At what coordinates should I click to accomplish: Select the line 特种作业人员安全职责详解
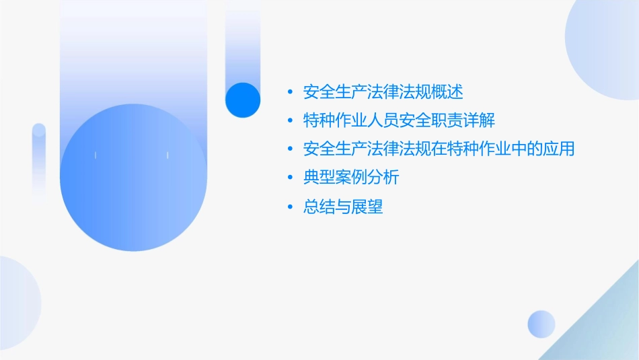[400, 120]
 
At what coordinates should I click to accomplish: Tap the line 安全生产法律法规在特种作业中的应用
[439, 149]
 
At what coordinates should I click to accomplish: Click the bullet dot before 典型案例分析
[290, 178]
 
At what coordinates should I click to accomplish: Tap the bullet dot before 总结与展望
[290, 207]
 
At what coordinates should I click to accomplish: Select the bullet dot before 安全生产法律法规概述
[290, 92]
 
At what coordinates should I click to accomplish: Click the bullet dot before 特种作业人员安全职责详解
[290, 121]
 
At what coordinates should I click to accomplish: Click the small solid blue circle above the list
[243, 100]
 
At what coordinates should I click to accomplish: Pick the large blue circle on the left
[133, 177]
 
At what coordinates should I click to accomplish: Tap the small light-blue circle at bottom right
[541, 324]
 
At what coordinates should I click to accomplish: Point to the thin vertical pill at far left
[39, 161]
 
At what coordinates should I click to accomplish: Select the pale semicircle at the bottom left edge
[17, 303]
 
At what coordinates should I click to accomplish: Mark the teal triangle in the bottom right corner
[605, 336]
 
